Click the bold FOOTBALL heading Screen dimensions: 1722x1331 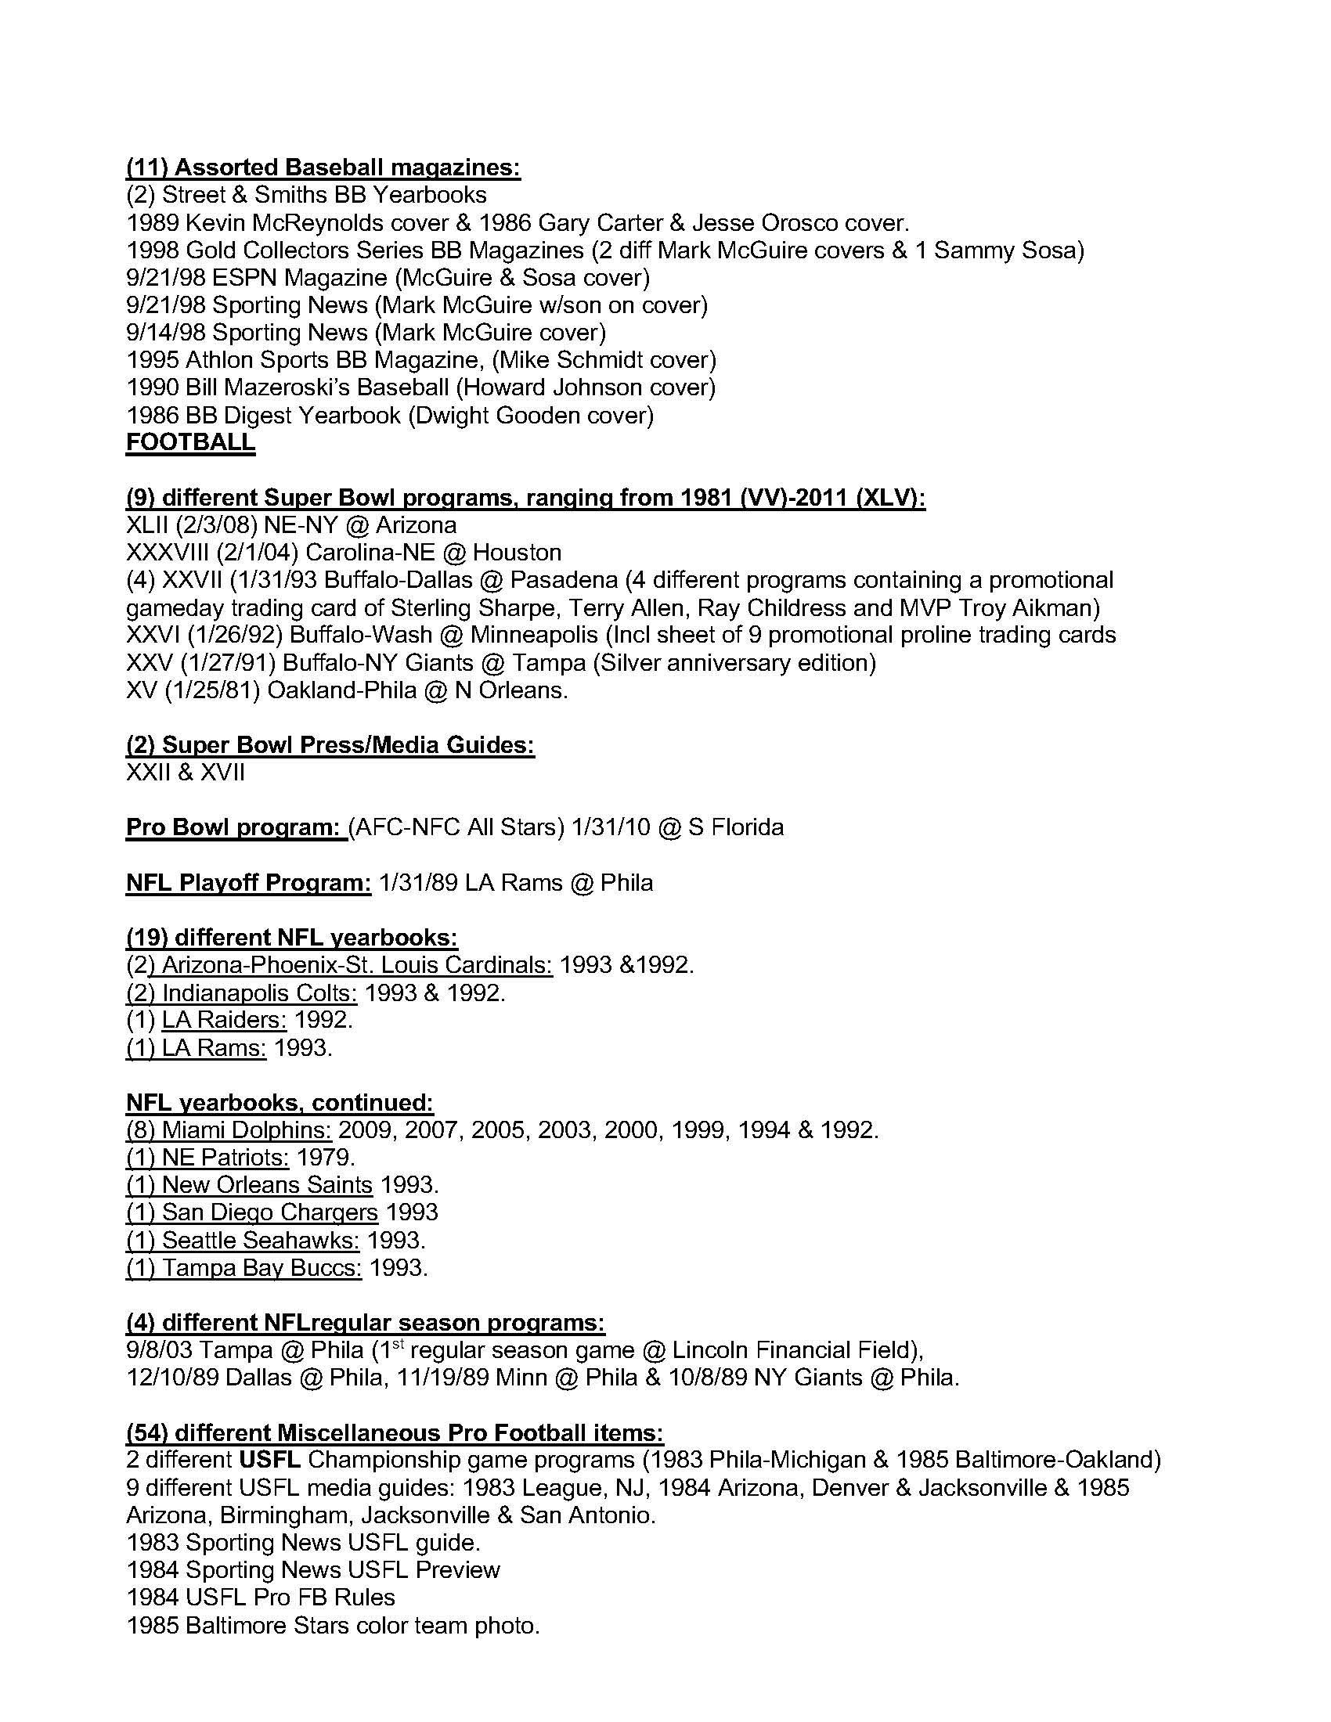[x=190, y=442]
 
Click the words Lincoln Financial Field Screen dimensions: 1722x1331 [x=795, y=1350]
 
